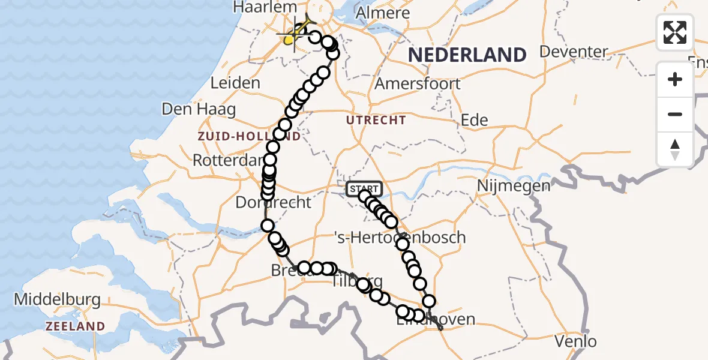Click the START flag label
coord(364,189)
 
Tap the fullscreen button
coord(675,32)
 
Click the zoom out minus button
coord(675,114)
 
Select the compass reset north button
coord(675,149)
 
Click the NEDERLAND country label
coord(467,55)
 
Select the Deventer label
coord(574,52)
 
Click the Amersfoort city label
coord(418,83)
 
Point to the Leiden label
coord(236,83)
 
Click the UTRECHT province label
coord(376,121)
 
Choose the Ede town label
coord(474,120)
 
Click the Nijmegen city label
coord(514,186)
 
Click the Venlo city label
coord(576,341)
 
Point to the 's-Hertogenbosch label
coord(400,238)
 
